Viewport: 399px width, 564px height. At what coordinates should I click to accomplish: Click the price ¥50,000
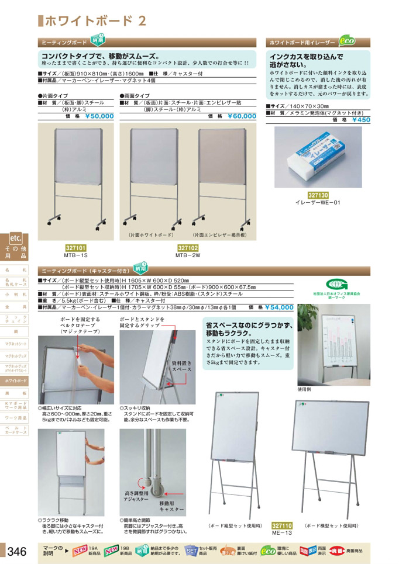(x=99, y=116)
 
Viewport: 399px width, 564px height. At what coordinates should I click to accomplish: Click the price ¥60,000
(x=241, y=116)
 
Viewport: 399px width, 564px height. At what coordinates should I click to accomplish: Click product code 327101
(x=75, y=248)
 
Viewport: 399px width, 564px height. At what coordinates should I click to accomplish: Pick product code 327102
(x=188, y=248)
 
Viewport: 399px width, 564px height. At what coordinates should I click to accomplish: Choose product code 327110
(x=282, y=525)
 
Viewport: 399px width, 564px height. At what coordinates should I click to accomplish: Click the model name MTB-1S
(x=75, y=255)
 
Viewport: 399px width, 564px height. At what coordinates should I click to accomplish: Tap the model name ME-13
(x=282, y=532)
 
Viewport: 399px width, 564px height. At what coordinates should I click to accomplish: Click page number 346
(x=17, y=551)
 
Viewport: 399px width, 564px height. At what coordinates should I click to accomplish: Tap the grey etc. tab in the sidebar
(x=15, y=238)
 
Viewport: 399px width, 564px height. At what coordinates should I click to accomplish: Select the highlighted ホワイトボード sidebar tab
(x=16, y=380)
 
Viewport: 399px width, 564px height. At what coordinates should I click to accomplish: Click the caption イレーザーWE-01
(x=318, y=203)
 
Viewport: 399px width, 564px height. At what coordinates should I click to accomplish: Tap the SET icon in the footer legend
(x=191, y=550)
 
